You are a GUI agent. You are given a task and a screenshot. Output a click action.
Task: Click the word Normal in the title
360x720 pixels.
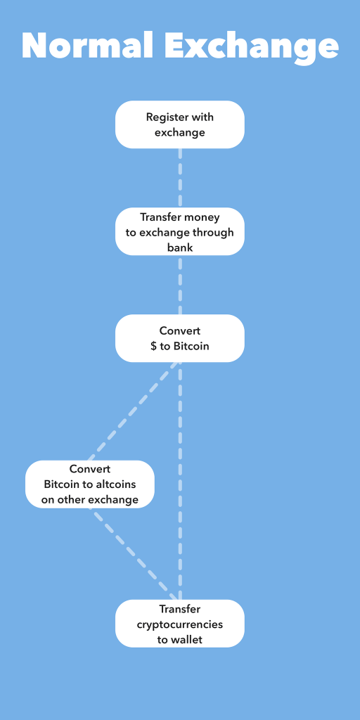(87, 46)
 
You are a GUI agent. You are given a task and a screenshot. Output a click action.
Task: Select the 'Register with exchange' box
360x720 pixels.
(179, 124)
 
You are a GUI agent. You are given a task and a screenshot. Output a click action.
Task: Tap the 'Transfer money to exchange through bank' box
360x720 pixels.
(179, 231)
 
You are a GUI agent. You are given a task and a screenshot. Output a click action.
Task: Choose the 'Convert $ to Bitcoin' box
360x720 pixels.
(179, 338)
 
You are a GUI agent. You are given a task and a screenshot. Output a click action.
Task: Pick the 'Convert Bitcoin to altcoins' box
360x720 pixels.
(89, 484)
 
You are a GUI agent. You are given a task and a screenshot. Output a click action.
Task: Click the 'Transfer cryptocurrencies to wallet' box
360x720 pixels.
(179, 623)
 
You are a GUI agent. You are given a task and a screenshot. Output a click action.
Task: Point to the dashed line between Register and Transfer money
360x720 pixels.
(180, 178)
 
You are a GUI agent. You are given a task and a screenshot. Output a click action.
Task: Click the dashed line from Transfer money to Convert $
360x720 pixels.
(180, 285)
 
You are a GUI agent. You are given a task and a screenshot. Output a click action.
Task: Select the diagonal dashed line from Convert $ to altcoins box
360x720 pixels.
(133, 411)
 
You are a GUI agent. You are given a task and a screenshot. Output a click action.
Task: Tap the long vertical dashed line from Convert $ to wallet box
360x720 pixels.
(180, 481)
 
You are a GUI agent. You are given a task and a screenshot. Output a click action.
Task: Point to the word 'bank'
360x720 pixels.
(180, 247)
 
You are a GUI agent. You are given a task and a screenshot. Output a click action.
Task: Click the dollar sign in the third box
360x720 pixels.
(154, 346)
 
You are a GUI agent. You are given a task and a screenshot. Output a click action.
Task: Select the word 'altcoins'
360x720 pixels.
(117, 484)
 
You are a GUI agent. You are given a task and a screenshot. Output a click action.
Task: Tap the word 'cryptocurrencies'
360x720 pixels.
(180, 624)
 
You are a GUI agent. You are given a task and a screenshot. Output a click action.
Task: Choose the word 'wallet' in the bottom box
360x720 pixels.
(186, 640)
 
